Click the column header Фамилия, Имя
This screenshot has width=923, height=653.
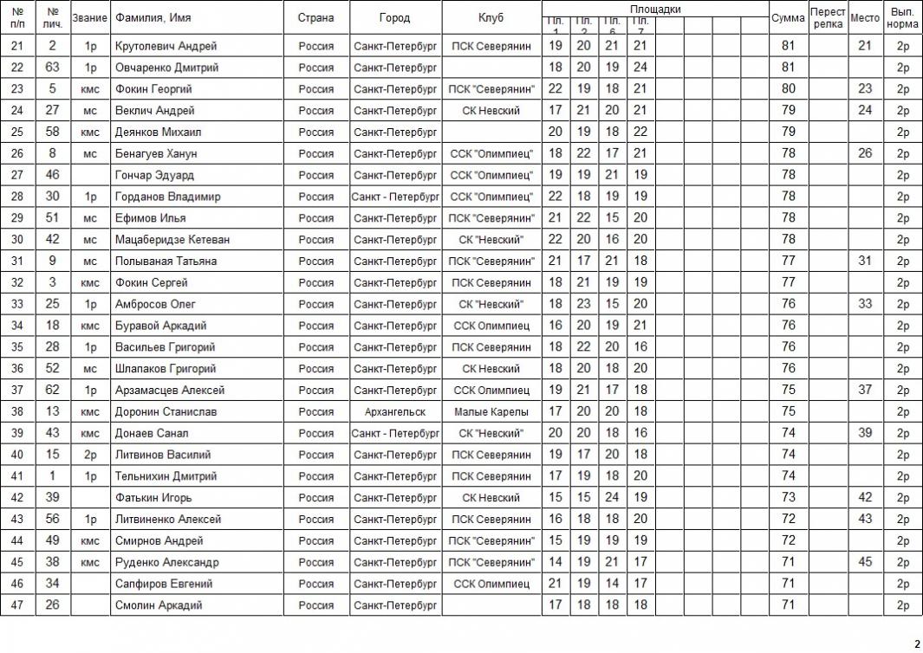153,18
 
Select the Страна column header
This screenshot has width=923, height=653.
315,18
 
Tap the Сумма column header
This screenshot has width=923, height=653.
788,18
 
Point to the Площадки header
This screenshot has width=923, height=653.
654,9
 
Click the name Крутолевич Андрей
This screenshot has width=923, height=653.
166,46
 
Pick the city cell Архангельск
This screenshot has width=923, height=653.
395,412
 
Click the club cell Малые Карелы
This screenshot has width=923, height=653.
491,412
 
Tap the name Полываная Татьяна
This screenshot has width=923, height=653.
166,262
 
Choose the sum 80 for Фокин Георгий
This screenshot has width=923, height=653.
788,89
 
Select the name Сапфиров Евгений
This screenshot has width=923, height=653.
163,585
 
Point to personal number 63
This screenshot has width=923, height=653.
53,68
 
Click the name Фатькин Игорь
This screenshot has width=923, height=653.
153,498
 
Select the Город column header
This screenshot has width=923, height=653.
394,18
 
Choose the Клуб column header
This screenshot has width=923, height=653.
491,18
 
